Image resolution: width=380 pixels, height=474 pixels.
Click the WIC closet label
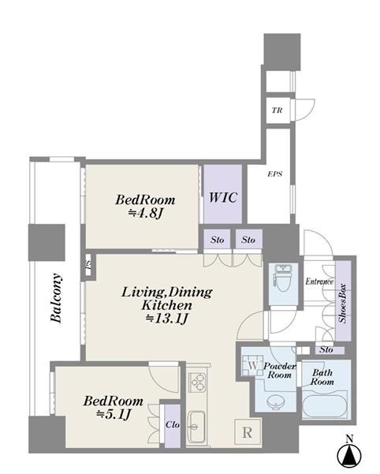(223, 198)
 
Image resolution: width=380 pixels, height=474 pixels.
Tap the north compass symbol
(349, 453)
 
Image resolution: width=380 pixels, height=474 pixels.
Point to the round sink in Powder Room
(276, 401)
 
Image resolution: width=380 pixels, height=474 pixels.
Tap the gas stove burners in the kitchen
(196, 383)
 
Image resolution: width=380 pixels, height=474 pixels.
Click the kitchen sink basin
(196, 426)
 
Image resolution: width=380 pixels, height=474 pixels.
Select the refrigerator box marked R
(248, 432)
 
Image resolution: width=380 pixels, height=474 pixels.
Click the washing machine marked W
(252, 365)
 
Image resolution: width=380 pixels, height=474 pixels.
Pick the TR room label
(277, 110)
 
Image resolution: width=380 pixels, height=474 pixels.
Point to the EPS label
(275, 174)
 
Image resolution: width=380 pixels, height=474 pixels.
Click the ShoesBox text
(343, 303)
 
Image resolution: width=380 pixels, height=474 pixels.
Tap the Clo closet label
(173, 425)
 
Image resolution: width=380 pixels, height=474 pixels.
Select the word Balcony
(57, 298)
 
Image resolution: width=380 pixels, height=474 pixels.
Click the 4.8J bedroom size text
(146, 214)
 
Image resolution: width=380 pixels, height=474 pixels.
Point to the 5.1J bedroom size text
(114, 415)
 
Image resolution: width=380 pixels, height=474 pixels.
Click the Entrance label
(319, 282)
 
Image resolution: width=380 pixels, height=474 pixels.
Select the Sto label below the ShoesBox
(326, 349)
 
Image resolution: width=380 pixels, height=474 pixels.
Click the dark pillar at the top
(282, 52)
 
